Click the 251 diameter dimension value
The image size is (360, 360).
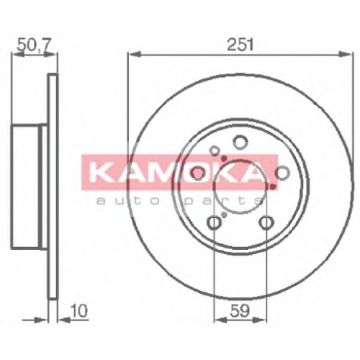240,45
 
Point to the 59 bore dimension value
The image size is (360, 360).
240,311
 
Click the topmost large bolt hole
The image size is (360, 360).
240,142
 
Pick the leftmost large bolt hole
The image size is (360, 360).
198,174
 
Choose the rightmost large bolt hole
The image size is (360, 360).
283,173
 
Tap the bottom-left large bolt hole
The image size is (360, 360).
214,222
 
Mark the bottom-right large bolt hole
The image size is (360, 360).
266,222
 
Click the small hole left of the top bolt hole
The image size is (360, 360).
215,151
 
